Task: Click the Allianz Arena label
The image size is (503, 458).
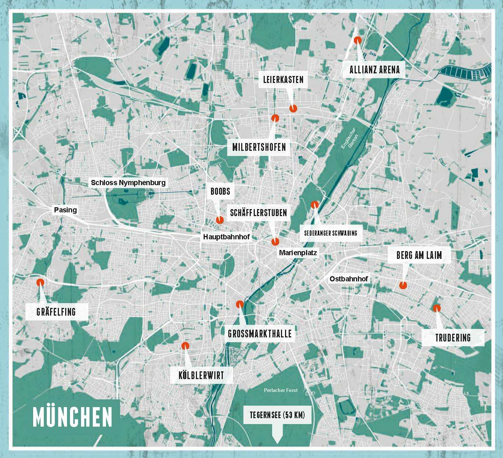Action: point(374,70)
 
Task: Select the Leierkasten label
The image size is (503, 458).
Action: point(283,79)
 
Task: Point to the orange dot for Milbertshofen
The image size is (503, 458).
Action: point(275,118)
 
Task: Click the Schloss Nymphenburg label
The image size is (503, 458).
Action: point(128,183)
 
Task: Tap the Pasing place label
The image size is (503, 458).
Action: point(65,210)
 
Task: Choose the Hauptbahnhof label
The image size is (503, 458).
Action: point(226,237)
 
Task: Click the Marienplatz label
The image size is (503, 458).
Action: point(298,253)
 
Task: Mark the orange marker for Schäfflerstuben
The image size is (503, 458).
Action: point(275,242)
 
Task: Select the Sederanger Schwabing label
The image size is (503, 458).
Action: point(330,233)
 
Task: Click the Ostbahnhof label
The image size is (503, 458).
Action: point(349,279)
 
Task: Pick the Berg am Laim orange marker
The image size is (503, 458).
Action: point(403,285)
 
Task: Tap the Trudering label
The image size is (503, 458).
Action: point(453,337)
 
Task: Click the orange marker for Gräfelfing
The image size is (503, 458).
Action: point(40,282)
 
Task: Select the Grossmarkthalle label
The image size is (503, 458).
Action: point(260,334)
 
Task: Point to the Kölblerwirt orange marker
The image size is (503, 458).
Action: point(185,346)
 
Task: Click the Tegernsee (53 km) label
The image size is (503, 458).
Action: point(277,415)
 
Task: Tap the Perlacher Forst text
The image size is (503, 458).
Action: point(281,390)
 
